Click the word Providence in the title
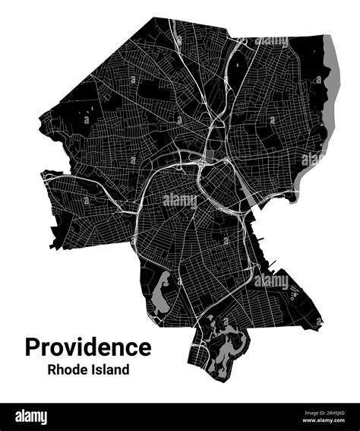click(88, 347)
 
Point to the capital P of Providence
click(33, 347)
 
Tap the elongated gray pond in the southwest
click(161, 295)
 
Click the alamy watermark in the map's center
click(180, 200)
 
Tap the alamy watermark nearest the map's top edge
click(271, 42)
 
